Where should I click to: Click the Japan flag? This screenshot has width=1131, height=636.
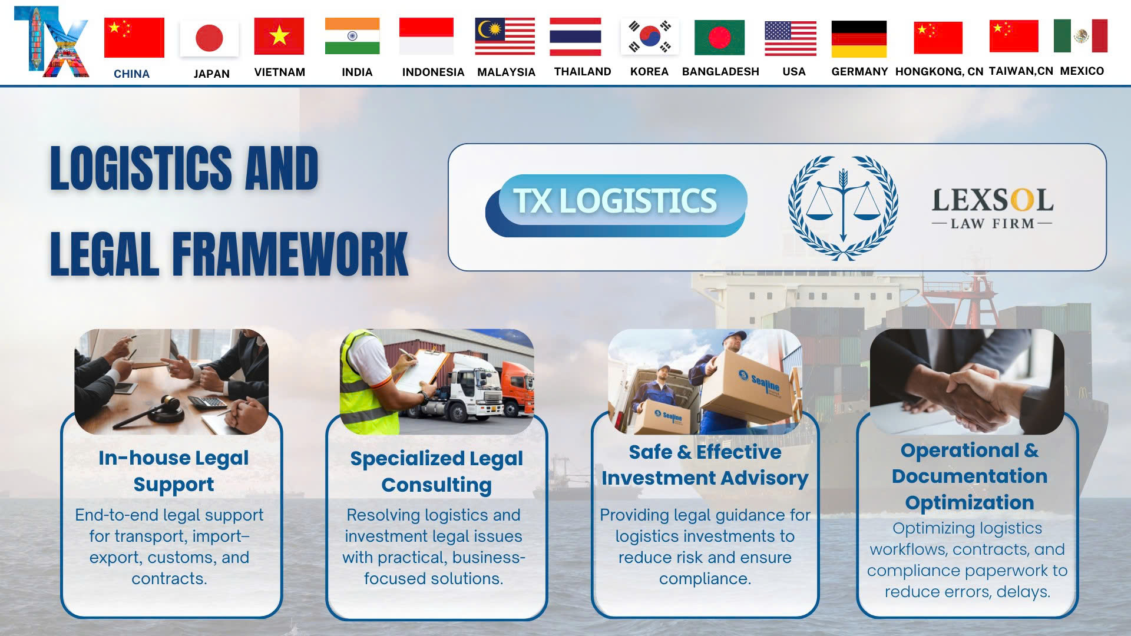point(209,38)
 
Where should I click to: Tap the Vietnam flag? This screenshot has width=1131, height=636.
point(279,36)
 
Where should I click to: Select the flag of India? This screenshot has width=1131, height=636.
point(352,36)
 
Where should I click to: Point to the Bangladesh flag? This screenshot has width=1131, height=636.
point(719,38)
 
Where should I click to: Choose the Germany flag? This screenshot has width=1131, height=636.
point(859,39)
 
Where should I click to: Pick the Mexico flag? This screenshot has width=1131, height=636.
point(1080,36)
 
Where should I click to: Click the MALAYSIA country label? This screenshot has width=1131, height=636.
point(506,72)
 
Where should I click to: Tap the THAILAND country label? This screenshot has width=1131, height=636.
point(583,72)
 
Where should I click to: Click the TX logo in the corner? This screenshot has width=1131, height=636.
point(51,42)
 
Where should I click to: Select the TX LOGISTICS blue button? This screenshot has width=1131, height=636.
point(616,206)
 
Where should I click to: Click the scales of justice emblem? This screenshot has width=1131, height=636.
point(843,207)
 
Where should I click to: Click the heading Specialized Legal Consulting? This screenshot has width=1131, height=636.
point(436,471)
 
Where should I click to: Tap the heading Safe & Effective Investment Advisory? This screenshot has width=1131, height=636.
point(705,465)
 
